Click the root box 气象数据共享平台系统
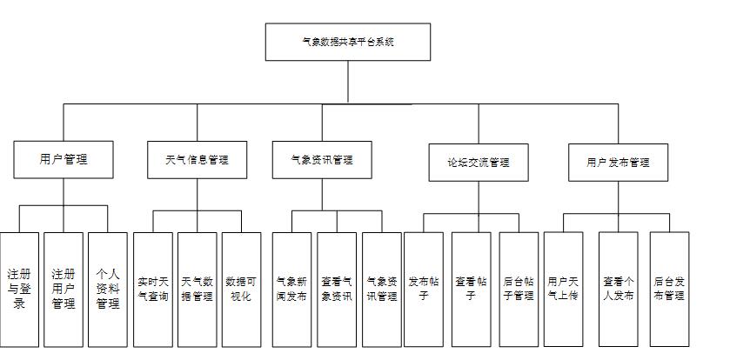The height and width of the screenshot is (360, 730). pos(347,42)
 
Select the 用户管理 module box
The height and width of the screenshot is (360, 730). pos(64,159)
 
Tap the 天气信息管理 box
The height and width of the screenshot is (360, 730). pos(197,160)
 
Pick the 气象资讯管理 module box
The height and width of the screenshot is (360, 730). pos(322,160)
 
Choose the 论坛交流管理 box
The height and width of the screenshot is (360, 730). pos(478,162)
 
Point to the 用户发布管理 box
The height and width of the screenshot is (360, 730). pos(618,162)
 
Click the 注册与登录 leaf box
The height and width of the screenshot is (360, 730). pos(19,290)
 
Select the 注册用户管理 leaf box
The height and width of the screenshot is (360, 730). pos(64,290)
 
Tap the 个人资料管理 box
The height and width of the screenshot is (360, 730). pos(108,290)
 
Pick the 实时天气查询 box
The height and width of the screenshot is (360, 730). pos(153,290)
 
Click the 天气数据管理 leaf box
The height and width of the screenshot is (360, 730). pos(197,290)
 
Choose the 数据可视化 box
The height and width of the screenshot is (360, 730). pos(241,290)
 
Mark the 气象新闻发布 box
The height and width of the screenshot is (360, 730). pos(291,290)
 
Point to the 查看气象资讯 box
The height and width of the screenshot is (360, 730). pos(336,290)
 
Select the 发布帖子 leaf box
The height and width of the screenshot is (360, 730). pos(425,290)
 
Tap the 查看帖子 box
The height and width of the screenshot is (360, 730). pos(471,290)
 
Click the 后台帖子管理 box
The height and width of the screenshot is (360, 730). pos(519,290)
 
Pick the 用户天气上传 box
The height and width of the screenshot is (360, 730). pos(563,290)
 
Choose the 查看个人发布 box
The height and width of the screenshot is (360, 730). pos(619,290)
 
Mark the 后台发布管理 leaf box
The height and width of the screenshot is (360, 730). pos(669,290)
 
